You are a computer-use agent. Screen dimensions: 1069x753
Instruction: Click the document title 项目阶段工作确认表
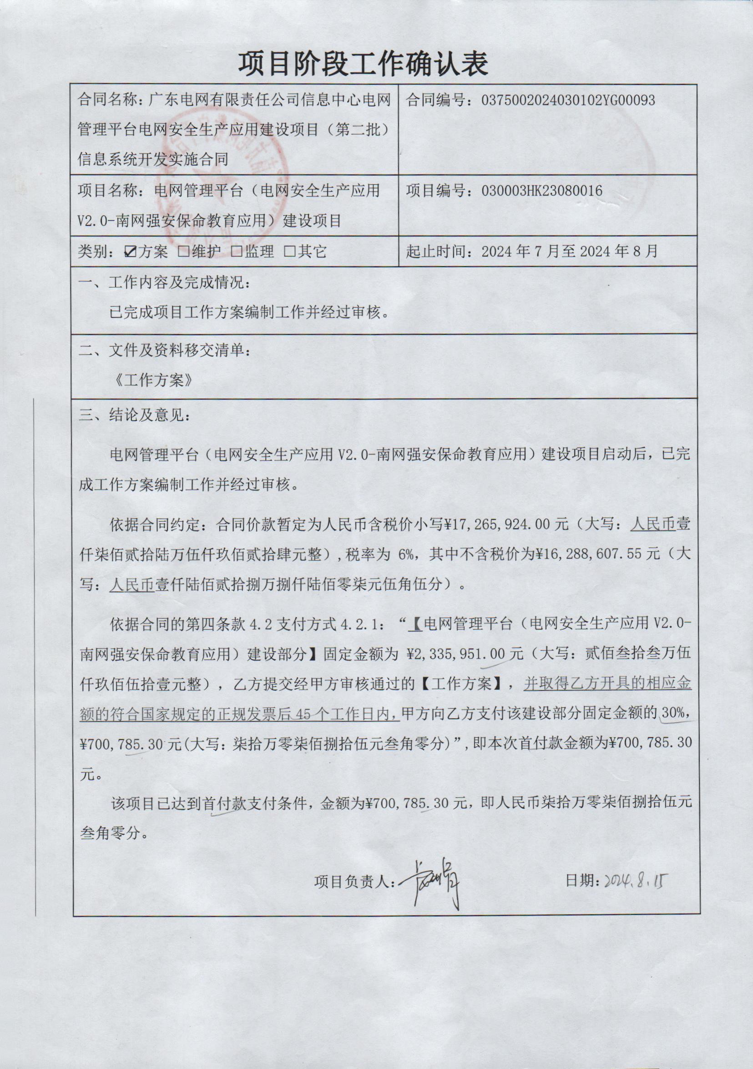pos(363,64)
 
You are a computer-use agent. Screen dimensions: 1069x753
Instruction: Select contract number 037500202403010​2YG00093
pos(568,100)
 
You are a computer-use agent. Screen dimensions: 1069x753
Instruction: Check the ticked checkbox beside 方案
pos(131,252)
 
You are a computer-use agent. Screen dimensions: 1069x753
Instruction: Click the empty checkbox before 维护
pos(183,252)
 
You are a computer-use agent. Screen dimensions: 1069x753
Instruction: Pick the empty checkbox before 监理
pos(237,252)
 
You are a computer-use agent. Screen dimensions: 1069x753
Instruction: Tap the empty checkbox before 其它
pos(290,252)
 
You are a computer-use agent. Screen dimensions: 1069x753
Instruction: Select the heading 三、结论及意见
pos(134,415)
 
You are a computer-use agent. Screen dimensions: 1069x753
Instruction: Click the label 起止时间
pos(435,252)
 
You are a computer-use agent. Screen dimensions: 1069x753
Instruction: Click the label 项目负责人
pos(354,882)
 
